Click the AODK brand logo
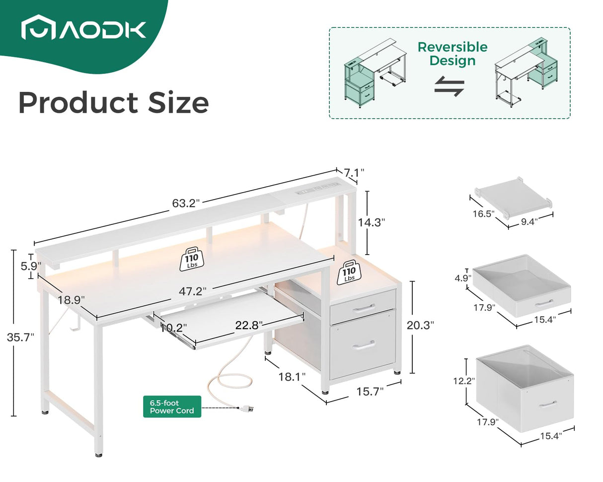click(x=83, y=29)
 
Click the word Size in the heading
click(x=169, y=103)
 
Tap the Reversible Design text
click(x=452, y=54)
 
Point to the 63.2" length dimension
click(x=186, y=203)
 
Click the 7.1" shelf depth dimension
click(x=354, y=173)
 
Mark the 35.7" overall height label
click(x=21, y=337)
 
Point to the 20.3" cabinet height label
click(x=420, y=325)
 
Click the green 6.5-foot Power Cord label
click(x=172, y=407)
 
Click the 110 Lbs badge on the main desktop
click(x=192, y=259)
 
